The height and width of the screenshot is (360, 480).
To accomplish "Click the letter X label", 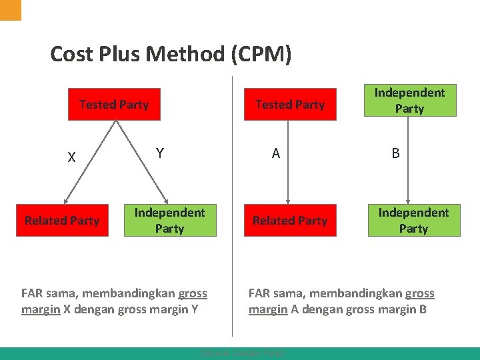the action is (x=71, y=158).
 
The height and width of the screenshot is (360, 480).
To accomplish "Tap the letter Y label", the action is (x=159, y=153).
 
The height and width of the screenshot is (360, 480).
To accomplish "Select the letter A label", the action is (x=275, y=153).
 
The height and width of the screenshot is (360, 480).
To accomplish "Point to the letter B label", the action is (x=395, y=153).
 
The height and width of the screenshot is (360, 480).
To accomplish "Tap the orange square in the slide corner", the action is (x=11, y=9).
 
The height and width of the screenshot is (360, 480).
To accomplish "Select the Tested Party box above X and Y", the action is (x=114, y=105).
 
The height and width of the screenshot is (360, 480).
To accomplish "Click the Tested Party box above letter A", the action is (x=290, y=105).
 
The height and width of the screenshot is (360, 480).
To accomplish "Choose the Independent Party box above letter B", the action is (x=409, y=101).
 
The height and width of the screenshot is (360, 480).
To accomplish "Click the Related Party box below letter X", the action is (x=62, y=220).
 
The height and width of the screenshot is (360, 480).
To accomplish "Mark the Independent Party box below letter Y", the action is (x=169, y=220).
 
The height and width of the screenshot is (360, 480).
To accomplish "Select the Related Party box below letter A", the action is (x=290, y=220).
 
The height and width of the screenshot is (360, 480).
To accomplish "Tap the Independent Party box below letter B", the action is (x=413, y=220).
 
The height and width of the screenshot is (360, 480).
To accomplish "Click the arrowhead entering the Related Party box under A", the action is (x=288, y=199).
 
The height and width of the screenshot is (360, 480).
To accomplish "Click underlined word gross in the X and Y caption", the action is (x=193, y=293).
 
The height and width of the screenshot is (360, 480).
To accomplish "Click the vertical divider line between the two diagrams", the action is (x=232, y=200).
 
